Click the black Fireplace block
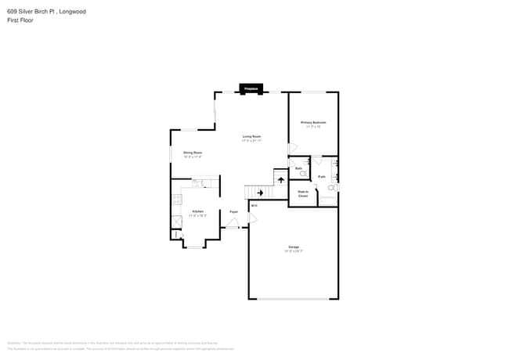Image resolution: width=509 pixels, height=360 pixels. (252, 88)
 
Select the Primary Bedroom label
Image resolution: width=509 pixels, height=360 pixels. (313, 124)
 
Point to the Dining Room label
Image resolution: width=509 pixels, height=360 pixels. (193, 154)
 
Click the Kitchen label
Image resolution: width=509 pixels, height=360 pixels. (198, 213)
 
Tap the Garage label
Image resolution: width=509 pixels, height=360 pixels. (294, 249)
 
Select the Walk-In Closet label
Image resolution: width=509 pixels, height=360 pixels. (303, 193)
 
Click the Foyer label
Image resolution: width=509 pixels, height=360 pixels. (233, 212)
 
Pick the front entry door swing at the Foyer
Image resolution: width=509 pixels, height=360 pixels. (233, 223)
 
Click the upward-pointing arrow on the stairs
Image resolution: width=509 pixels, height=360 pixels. (280, 179)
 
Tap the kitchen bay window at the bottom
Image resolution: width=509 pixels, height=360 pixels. (193, 247)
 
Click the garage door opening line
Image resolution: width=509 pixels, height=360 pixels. (294, 298)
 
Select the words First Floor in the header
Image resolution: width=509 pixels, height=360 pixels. (20, 20)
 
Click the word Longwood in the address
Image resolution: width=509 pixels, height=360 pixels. (71, 11)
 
